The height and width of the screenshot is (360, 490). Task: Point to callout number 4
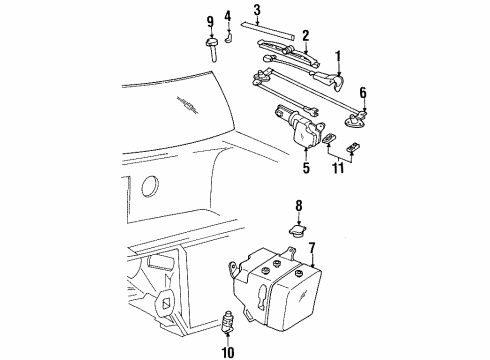tap(228, 16)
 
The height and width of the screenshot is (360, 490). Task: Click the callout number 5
tap(306, 167)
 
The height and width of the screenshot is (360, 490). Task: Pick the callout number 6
tap(363, 92)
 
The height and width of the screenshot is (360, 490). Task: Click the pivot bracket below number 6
tap(356, 122)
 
